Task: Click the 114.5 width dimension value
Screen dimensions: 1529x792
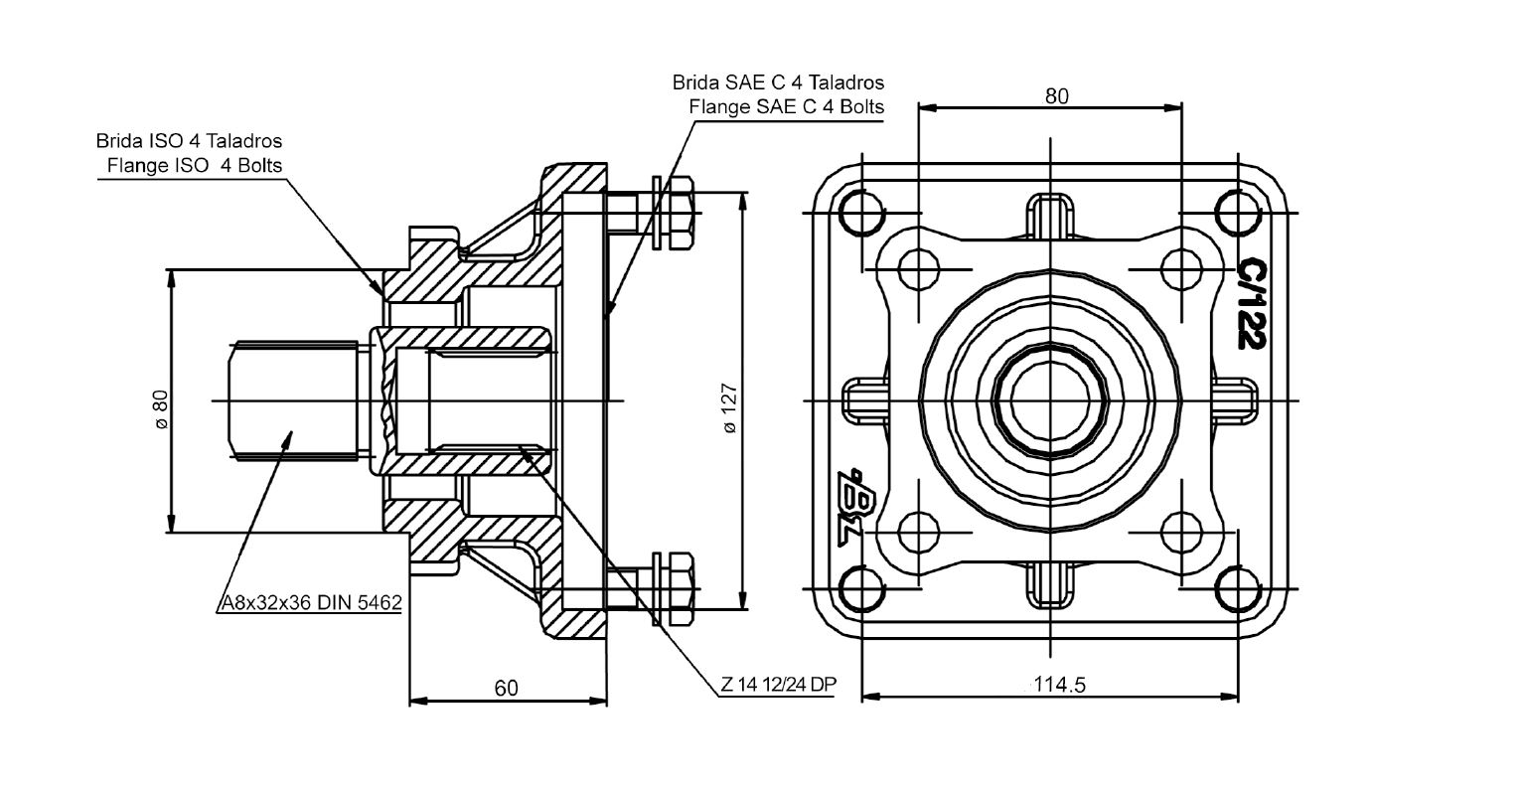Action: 1059,684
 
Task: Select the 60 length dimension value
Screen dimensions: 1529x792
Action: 506,689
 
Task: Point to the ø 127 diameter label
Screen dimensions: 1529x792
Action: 729,408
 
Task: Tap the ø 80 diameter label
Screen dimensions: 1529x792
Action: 161,409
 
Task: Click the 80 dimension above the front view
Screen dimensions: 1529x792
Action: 1056,96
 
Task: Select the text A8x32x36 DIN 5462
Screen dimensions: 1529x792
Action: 311,603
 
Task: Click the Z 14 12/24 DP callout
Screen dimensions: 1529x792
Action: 779,684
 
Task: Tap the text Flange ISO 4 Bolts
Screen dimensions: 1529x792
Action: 195,165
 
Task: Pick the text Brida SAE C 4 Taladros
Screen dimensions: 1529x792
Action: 778,82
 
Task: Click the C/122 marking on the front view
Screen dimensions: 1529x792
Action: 1253,303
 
